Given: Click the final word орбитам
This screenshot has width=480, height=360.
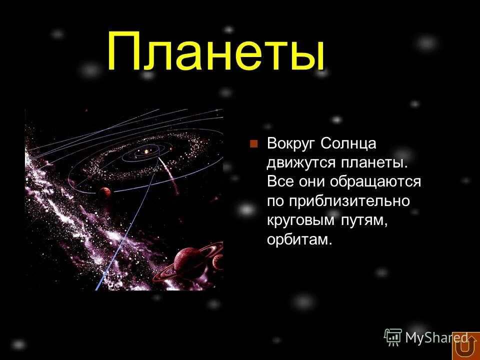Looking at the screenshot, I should [299, 239].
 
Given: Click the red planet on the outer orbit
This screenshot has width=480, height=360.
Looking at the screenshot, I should [104, 191].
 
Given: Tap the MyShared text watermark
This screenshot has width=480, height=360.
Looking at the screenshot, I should [435, 338].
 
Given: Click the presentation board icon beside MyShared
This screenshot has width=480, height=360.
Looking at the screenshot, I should [393, 337].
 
